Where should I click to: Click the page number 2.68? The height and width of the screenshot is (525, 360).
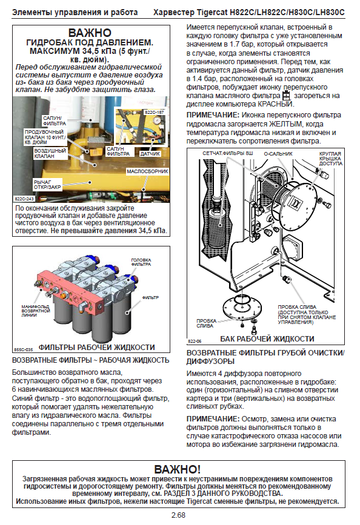pyautogui.click(x=178, y=515)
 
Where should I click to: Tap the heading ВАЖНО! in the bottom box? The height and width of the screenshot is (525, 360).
pyautogui.click(x=178, y=469)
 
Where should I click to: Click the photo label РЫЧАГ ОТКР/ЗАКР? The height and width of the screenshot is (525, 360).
pyautogui.click(x=47, y=185)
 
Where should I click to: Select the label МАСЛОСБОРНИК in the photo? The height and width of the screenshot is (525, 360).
pyautogui.click(x=147, y=171)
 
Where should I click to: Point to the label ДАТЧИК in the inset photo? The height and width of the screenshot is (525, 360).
pyautogui.click(x=150, y=154)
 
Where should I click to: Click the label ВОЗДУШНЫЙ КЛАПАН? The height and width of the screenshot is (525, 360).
pyautogui.click(x=50, y=153)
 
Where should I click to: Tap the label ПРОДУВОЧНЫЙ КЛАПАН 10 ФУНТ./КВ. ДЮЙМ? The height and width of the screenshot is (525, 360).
pyautogui.click(x=45, y=137)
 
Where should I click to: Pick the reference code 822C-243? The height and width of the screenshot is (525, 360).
pyautogui.click(x=24, y=199)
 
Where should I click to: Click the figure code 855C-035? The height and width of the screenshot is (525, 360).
pyautogui.click(x=24, y=349)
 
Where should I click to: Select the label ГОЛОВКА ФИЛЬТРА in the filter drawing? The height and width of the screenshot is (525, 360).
pyautogui.click(x=141, y=262)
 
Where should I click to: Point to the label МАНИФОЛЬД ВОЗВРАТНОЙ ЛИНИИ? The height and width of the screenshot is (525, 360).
pyautogui.click(x=36, y=311)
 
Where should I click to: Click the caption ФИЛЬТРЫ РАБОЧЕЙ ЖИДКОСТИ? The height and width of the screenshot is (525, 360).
pyautogui.click(x=96, y=347)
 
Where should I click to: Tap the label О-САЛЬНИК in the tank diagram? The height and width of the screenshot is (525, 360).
pyautogui.click(x=278, y=154)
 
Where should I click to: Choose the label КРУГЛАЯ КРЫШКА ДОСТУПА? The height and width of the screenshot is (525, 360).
pyautogui.click(x=330, y=159)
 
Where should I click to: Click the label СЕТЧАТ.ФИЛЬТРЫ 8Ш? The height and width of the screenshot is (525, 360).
pyautogui.click(x=228, y=153)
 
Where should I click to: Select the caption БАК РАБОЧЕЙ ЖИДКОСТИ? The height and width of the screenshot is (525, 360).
pyautogui.click(x=267, y=339)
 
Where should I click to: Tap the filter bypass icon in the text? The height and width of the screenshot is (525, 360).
pyautogui.click(x=286, y=96)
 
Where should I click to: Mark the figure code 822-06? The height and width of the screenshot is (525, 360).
pyautogui.click(x=195, y=341)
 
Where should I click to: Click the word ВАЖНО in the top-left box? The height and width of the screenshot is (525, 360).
pyautogui.click(x=90, y=33)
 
